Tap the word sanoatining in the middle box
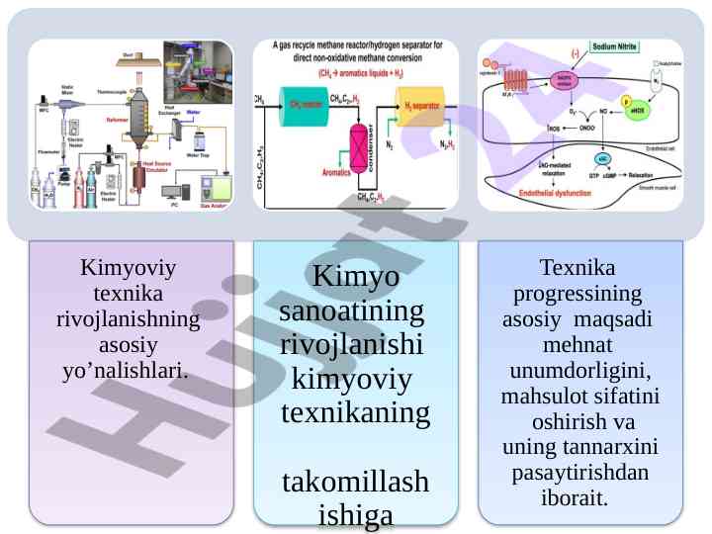(x=352, y=311)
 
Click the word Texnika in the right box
(x=579, y=268)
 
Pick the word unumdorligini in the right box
(x=579, y=372)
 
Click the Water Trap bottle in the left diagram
(x=197, y=140)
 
